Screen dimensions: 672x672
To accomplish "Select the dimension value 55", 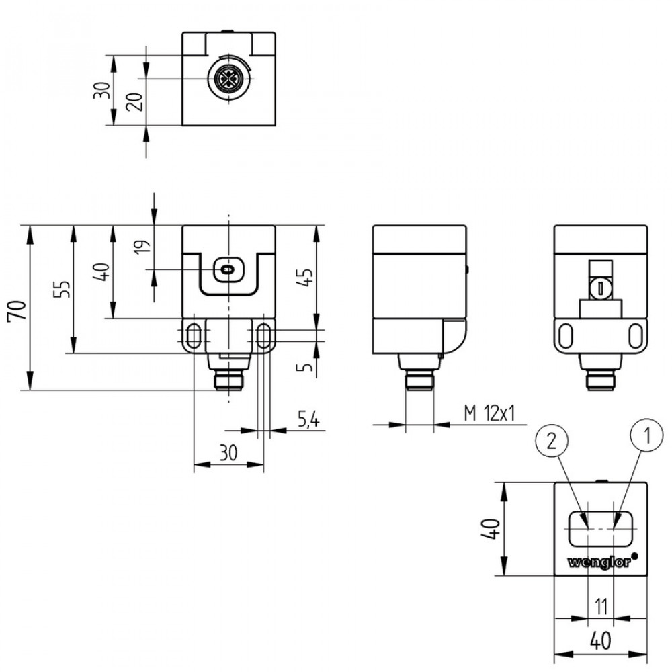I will click(61, 289).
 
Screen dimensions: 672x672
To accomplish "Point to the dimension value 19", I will click(140, 247).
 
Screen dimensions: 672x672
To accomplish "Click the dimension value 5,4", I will click(308, 421).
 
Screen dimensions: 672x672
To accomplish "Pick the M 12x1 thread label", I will click(490, 413).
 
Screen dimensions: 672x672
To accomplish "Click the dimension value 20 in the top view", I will click(134, 102).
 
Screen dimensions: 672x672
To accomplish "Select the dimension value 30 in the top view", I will click(101, 91).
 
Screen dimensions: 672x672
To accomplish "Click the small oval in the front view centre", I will click(228, 270).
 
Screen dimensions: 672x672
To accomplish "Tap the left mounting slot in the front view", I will click(194, 335).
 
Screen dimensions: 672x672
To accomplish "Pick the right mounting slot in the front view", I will click(264, 335).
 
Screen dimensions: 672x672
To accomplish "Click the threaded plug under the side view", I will click(419, 381).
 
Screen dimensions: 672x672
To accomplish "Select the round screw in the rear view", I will click(599, 288).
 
